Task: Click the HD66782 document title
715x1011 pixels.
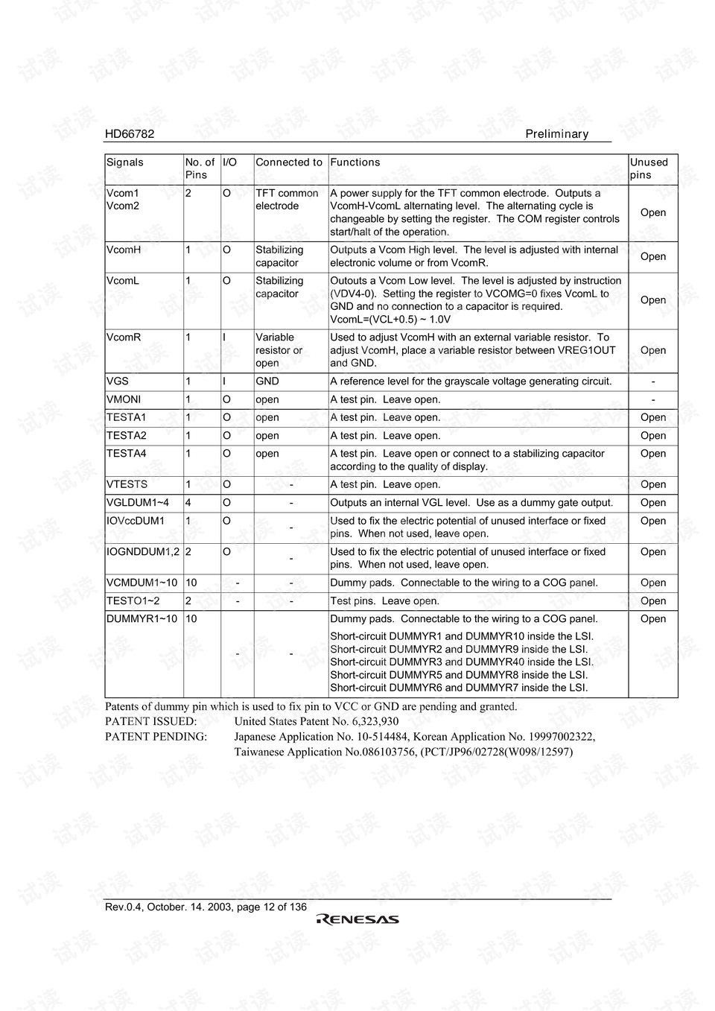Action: pos(130,134)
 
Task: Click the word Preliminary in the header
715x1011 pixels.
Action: pos(556,134)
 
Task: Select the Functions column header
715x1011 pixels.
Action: pos(355,162)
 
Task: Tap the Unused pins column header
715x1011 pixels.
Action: pos(649,168)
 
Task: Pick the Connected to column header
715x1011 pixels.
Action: pos(289,162)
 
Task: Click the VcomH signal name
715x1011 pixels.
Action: pos(124,250)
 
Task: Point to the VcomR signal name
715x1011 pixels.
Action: pos(124,337)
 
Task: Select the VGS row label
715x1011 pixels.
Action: pos(118,381)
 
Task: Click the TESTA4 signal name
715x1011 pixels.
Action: pos(127,454)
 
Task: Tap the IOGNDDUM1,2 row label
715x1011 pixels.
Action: pos(143,552)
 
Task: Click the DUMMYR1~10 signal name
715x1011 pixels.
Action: pos(142,619)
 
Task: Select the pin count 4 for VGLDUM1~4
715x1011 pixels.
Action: pos(188,503)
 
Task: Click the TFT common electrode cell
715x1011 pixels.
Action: pos(287,200)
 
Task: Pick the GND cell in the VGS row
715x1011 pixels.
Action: pos(267,381)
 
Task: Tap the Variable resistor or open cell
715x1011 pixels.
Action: pos(279,350)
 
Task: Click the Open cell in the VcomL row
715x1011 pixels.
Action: pos(653,300)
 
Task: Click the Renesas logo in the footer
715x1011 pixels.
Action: pos(357,919)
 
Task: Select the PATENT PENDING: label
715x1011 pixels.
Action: pos(156,737)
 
